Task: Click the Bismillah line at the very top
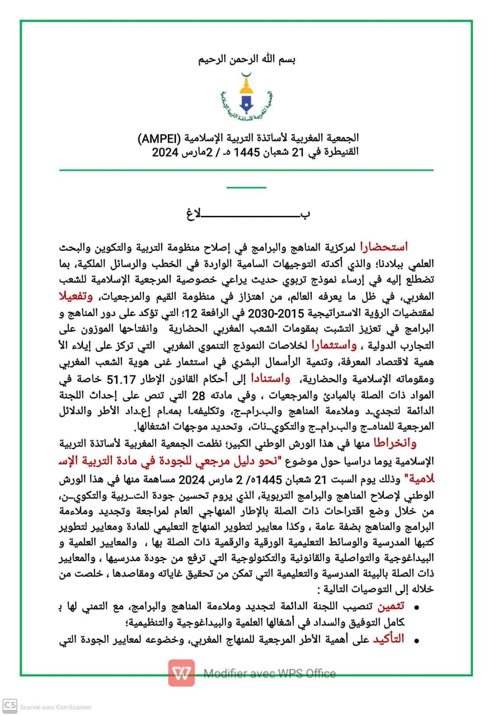point(247,59)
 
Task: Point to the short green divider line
point(247,188)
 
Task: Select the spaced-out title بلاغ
point(247,214)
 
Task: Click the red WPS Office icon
point(182,673)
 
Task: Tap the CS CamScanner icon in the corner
point(9,706)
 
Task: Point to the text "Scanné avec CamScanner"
point(55,707)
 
